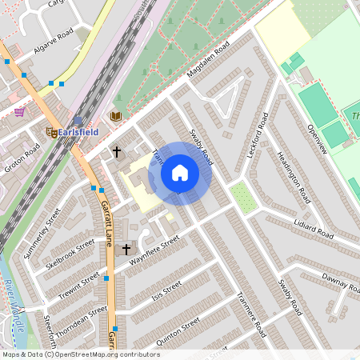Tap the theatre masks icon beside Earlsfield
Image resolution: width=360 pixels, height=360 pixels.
(x=50, y=132)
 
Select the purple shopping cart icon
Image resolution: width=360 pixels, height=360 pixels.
(x=18, y=111)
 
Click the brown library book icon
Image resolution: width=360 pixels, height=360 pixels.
(x=115, y=116)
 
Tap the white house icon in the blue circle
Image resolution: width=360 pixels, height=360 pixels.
(x=180, y=173)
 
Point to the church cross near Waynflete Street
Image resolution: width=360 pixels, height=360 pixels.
(x=126, y=250)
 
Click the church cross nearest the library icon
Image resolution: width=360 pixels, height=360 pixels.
(x=116, y=151)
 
